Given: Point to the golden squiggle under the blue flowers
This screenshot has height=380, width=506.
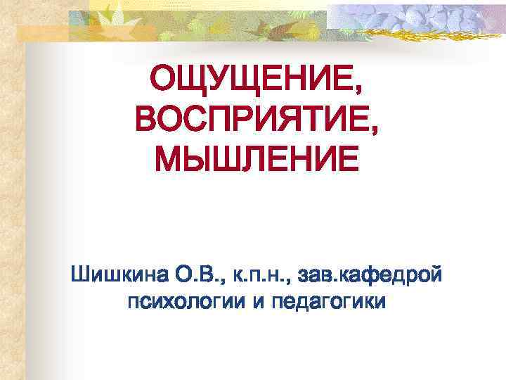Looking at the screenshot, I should (422, 33).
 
